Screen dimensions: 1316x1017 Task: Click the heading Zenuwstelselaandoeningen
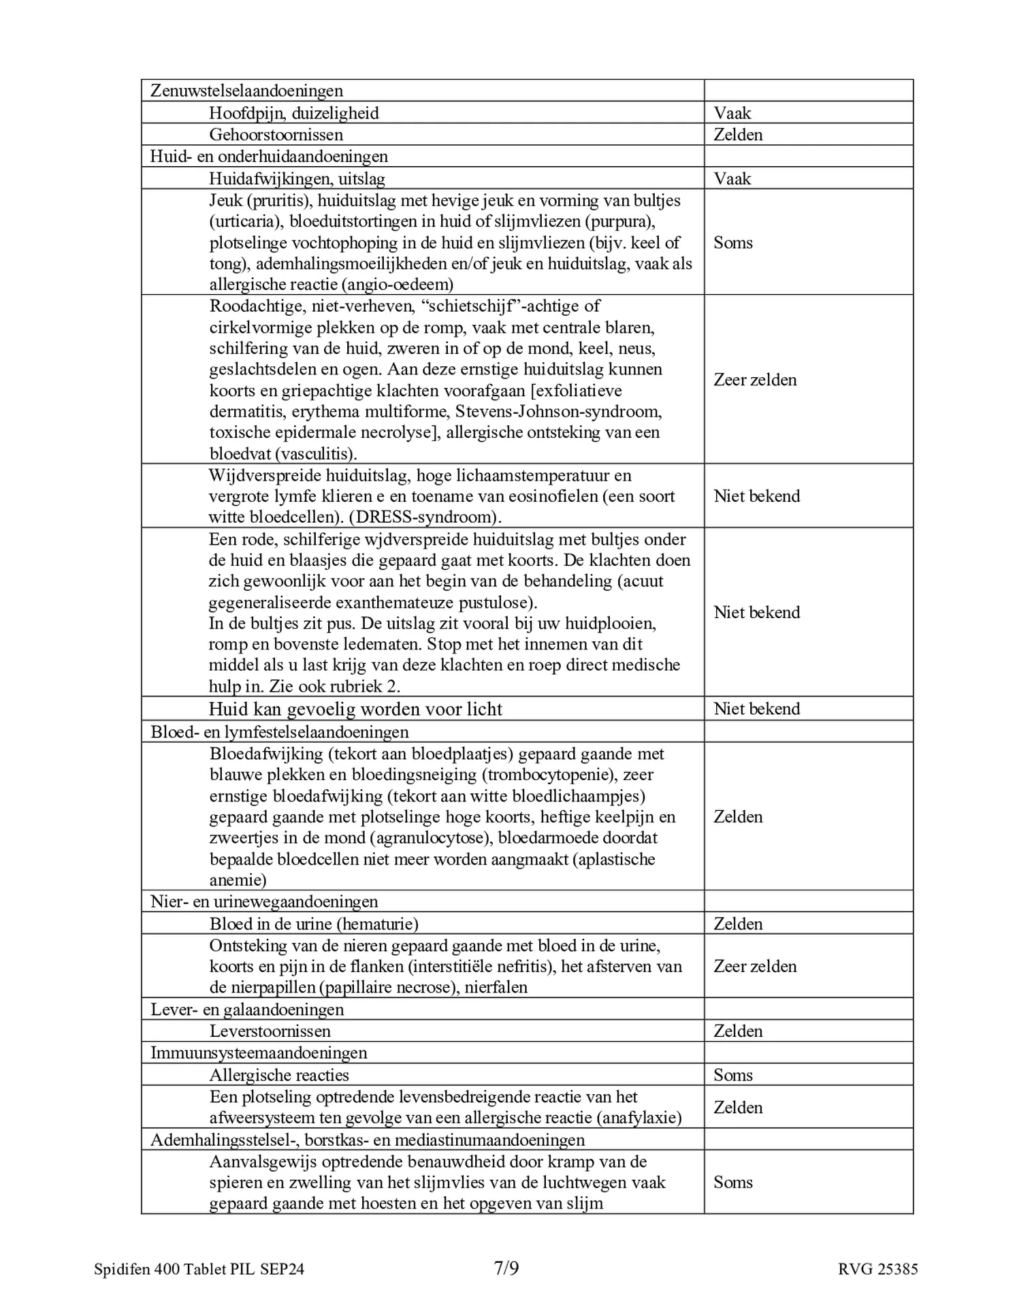tap(246, 91)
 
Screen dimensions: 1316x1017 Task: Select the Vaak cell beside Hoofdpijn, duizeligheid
tap(732, 113)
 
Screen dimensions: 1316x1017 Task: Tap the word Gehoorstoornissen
tap(276, 135)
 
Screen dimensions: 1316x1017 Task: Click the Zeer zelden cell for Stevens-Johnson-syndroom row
tap(755, 380)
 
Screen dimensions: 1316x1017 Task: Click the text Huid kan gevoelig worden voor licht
tap(355, 709)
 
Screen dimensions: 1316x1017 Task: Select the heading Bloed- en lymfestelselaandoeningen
tap(280, 733)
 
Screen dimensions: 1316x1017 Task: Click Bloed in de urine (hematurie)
tap(314, 924)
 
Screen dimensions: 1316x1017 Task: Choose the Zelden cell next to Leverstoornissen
tap(738, 1031)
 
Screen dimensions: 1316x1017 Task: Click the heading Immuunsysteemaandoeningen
tap(259, 1053)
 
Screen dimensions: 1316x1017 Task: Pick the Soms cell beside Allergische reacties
tap(733, 1076)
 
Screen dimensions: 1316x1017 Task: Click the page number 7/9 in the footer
tap(506, 1268)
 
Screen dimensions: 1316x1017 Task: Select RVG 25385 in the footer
tap(878, 1269)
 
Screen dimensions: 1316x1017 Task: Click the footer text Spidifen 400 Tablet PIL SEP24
tap(199, 1269)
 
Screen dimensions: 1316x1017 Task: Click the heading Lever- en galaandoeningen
tap(247, 1010)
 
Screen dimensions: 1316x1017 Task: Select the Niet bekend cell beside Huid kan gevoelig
tap(756, 709)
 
